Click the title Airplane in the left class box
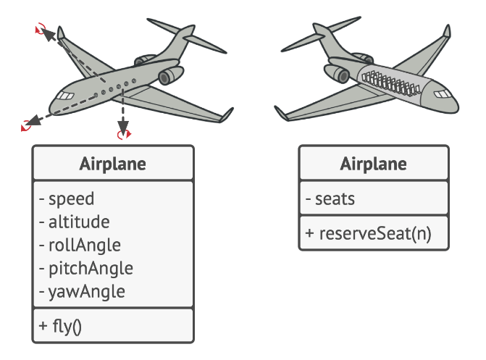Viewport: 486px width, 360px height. coord(112,164)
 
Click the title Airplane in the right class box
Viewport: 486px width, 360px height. coord(373,164)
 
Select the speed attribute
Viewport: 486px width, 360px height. coord(71,198)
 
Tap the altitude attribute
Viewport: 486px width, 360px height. coord(79,222)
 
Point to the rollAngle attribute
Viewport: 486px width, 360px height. coord(84,245)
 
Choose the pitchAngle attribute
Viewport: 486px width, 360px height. coord(91,268)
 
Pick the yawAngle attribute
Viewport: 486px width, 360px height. coord(86,291)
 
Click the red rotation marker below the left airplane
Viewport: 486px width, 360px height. coord(124,133)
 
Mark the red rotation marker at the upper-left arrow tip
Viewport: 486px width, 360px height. coord(41,29)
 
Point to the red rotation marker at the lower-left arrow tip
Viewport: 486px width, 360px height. coord(28,125)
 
